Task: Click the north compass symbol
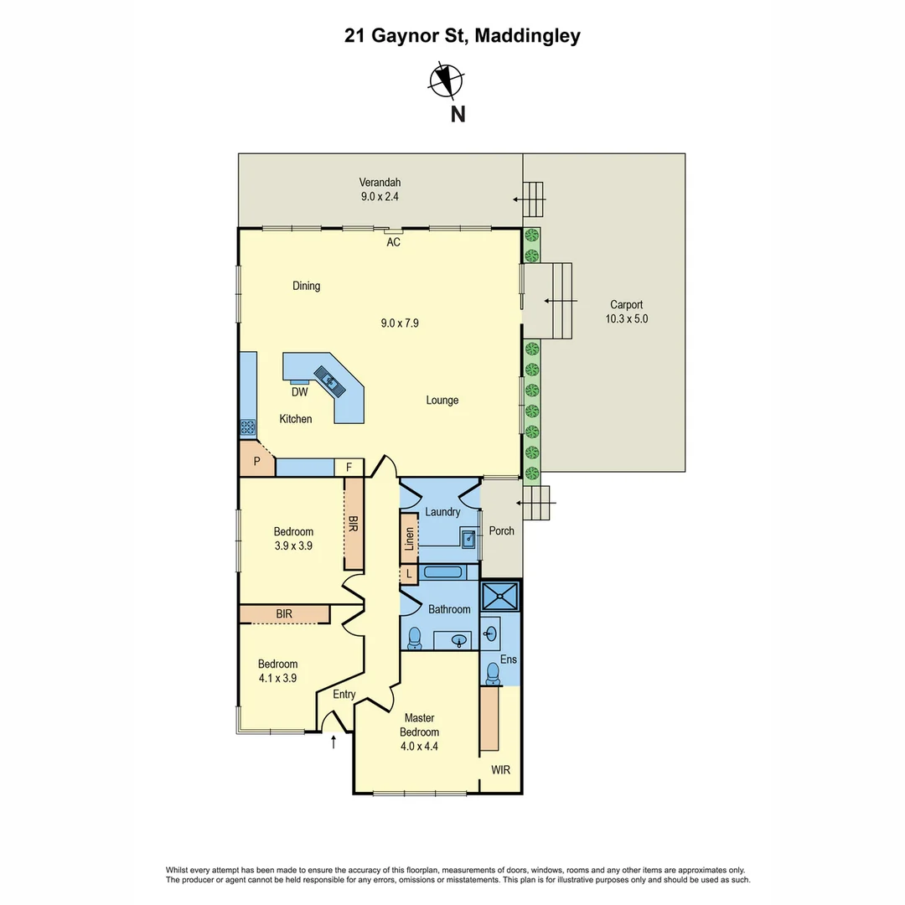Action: (446, 80)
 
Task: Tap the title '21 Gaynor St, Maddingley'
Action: (462, 36)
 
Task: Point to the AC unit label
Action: (393, 242)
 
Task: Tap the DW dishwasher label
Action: (299, 391)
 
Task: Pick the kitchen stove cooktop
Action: (248, 427)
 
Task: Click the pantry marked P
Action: (256, 460)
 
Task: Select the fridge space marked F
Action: (349, 468)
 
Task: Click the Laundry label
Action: (442, 512)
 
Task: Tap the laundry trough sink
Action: (468, 537)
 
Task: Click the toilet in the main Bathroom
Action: (413, 640)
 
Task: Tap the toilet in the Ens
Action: (493, 673)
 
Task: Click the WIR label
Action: (501, 769)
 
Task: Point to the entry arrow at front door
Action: (334, 741)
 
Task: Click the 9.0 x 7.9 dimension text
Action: (399, 322)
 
